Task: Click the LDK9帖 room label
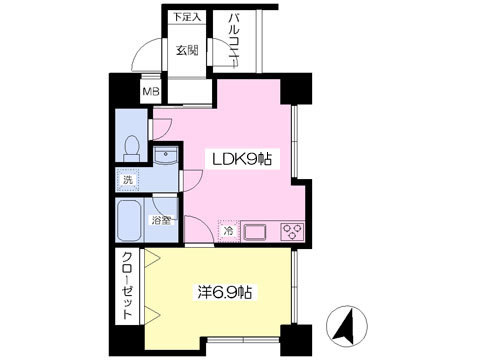242,159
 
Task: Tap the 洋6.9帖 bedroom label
224,293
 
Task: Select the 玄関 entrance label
187,50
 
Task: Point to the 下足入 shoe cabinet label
187,17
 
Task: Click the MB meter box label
151,91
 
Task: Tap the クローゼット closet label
127,286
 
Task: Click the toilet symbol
131,149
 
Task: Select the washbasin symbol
166,156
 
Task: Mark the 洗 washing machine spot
128,180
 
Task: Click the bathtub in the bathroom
130,220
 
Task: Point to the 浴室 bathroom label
162,220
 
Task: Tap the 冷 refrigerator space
228,230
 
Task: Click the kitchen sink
255,231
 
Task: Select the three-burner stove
292,231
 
